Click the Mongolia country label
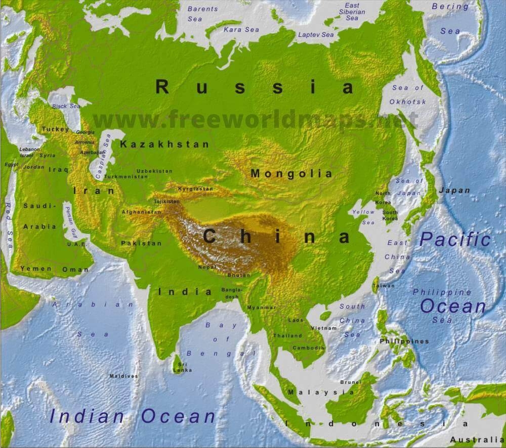[x=292, y=174]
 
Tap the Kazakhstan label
[x=164, y=144]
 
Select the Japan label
[x=454, y=190]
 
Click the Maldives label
[x=123, y=376]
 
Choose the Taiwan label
[x=383, y=286]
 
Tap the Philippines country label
[x=404, y=341]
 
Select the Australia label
[x=477, y=439]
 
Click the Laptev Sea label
[x=316, y=35]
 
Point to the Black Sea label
[x=66, y=107]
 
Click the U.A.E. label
[x=76, y=244]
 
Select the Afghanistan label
[x=141, y=212]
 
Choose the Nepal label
[x=207, y=267]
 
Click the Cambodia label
[x=309, y=348]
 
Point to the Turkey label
[x=55, y=129]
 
